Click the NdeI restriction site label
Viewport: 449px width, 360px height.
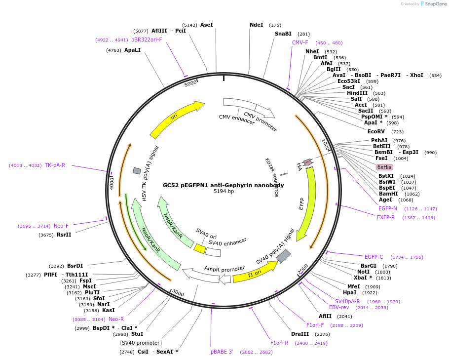pos(256,25)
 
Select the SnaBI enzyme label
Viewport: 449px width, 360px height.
pos(283,34)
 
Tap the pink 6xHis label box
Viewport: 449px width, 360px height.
pos(384,167)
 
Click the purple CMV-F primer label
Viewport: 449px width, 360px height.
pos(300,43)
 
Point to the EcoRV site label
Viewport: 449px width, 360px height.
pos(376,132)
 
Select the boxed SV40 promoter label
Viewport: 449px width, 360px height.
pos(141,343)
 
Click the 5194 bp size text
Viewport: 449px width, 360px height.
pos(224,192)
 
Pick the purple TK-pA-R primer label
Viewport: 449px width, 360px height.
pos(55,165)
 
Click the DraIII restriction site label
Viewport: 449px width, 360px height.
pos(300,334)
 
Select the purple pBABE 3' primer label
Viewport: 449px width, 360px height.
pos(222,352)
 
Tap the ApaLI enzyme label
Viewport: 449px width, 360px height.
pos(132,50)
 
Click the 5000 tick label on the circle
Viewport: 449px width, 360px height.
pos(190,83)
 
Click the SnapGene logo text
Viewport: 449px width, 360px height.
pos(435,4)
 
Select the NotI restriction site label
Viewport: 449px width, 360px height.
pos(363,272)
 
